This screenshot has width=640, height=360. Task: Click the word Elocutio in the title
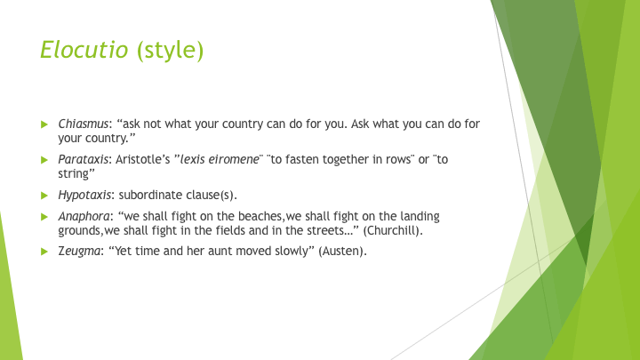(84, 50)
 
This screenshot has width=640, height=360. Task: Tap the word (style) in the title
(170, 51)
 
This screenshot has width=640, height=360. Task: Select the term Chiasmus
(84, 124)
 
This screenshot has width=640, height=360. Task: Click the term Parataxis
(84, 159)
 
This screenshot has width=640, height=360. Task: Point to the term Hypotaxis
(84, 195)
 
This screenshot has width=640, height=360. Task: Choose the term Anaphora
(84, 216)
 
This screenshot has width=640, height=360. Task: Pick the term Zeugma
(79, 251)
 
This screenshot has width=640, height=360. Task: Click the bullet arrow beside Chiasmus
(44, 124)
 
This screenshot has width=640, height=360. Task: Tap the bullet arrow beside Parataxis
(44, 160)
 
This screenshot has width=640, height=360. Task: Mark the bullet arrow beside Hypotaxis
(44, 196)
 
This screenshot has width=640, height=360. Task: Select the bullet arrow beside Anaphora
(44, 217)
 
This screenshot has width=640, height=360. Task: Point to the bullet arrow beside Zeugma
(44, 252)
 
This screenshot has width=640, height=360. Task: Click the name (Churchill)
(393, 230)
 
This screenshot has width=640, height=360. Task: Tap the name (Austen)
(342, 251)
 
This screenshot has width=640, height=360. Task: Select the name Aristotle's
(142, 159)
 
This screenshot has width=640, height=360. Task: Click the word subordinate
(150, 195)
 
